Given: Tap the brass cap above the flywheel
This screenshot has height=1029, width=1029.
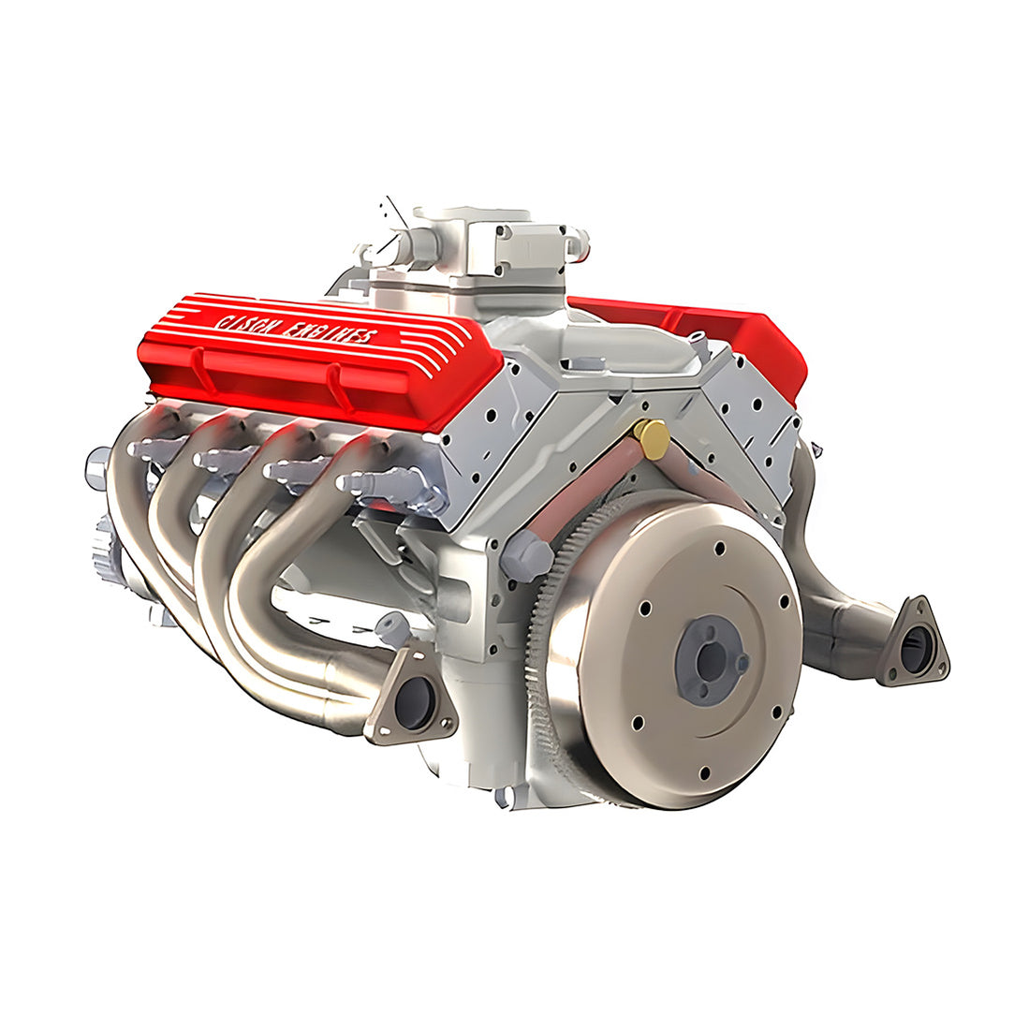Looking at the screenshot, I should coord(651,437).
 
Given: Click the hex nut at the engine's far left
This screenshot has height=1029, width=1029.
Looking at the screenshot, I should coord(96,467).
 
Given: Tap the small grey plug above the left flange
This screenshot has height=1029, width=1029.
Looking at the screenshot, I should coord(392,626).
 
